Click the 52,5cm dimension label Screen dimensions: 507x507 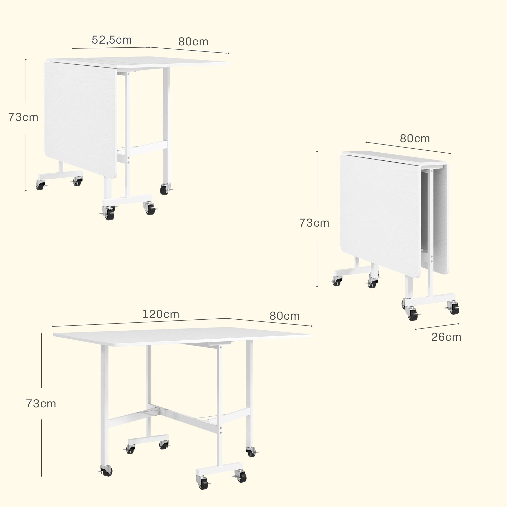click(x=112, y=40)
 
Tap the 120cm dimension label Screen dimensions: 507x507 click(x=161, y=314)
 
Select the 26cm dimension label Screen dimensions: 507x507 click(x=446, y=337)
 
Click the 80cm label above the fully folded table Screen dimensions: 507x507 click(x=415, y=139)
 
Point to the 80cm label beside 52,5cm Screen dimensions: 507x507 click(x=193, y=42)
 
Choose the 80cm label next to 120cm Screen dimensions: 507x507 click(x=284, y=316)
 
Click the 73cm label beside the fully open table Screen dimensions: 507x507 click(x=41, y=404)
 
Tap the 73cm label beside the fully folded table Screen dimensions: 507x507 click(x=314, y=223)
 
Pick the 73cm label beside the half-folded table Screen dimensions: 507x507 click(x=23, y=117)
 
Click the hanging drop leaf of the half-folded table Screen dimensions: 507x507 click(x=81, y=119)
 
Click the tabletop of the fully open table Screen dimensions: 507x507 click(x=182, y=336)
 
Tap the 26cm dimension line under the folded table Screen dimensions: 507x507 click(x=437, y=327)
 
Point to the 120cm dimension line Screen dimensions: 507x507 click(x=140, y=322)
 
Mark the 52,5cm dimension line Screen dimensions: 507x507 click(x=110, y=48)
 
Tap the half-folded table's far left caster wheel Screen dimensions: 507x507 click(x=40, y=185)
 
